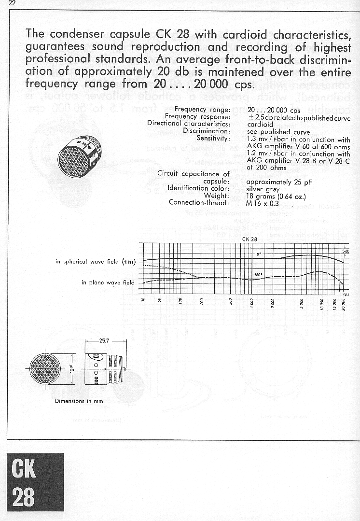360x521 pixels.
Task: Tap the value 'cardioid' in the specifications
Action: [260, 124]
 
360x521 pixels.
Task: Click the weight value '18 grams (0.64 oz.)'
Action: [276, 196]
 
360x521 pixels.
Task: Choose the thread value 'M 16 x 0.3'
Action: [263, 203]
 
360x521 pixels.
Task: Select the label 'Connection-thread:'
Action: [199, 202]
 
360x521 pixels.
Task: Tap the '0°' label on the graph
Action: [259, 254]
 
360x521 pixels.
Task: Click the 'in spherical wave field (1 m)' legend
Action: [96, 262]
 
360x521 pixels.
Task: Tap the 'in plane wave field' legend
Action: [108, 282]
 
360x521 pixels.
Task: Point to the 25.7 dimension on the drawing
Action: [104, 340]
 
